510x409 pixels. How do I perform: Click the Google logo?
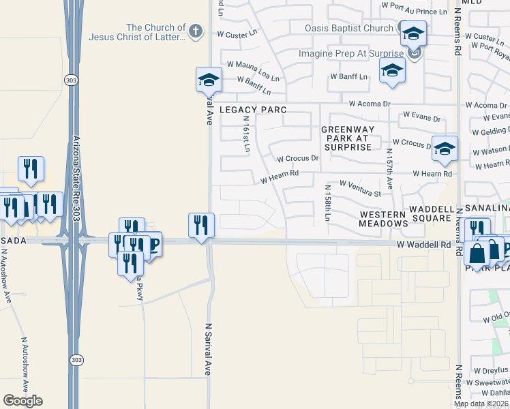(22, 401)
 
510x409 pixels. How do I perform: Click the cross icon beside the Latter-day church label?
(196, 31)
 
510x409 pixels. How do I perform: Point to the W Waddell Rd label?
(425, 244)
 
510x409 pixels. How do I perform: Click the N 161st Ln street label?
(246, 134)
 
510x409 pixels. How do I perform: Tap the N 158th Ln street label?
(327, 202)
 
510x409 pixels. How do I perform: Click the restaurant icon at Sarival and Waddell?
(201, 226)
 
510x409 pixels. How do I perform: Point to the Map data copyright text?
(481, 404)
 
